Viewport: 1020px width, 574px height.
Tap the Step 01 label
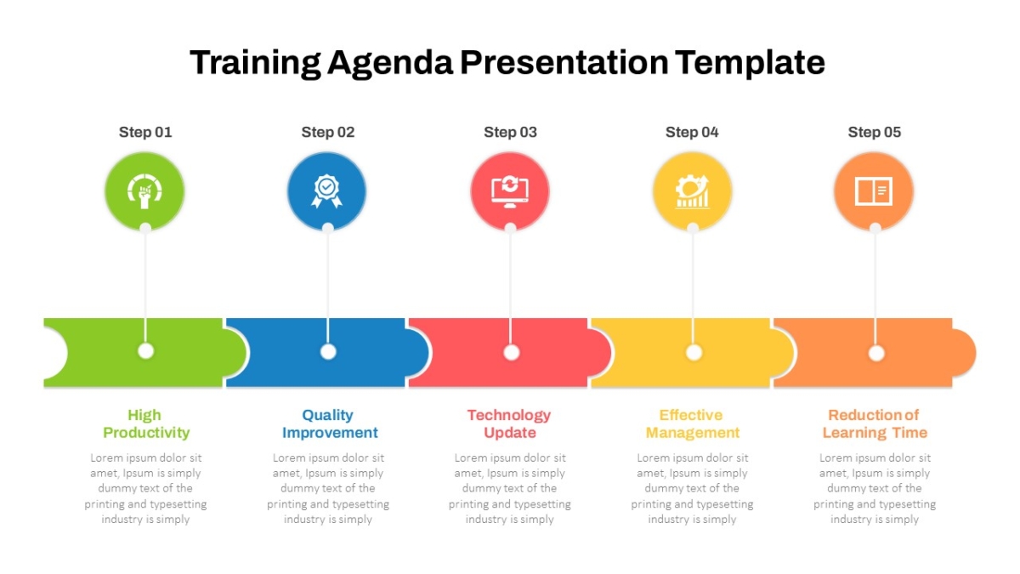(145, 132)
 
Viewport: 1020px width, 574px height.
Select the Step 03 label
(510, 132)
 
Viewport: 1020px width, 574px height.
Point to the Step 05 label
(875, 132)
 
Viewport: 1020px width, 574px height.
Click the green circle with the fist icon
(144, 191)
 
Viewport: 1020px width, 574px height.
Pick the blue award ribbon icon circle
(327, 191)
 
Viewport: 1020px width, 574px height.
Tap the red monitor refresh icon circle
(510, 191)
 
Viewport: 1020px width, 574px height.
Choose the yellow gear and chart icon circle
(693, 191)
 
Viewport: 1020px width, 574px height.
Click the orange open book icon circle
(875, 191)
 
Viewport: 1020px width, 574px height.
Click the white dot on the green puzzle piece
(145, 351)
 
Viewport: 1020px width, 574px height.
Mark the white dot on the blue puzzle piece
(328, 352)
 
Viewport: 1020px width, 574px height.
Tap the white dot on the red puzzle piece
(512, 352)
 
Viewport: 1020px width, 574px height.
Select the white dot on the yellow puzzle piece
(694, 352)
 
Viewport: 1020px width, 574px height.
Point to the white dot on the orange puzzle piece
(876, 353)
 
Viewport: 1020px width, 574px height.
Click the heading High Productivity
(145, 423)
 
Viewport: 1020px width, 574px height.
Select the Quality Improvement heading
(330, 423)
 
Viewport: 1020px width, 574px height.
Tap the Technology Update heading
(509, 423)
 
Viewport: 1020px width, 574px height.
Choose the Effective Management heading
(692, 423)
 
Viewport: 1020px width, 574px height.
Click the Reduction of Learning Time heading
(875, 423)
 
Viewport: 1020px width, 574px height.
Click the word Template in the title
(750, 63)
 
